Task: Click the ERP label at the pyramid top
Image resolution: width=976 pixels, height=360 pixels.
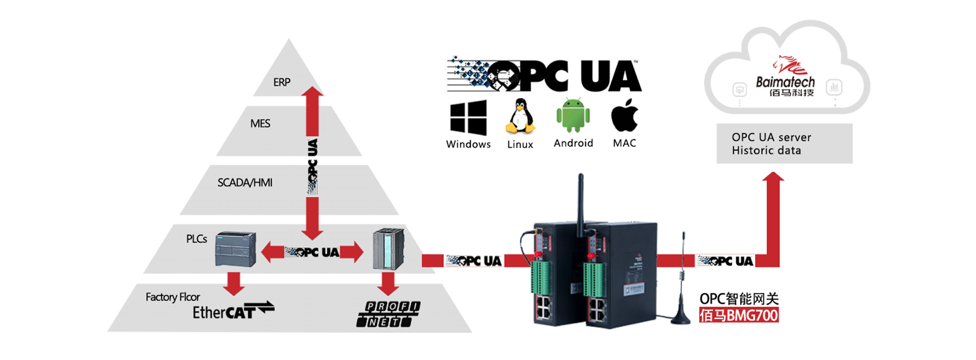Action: [x=282, y=82]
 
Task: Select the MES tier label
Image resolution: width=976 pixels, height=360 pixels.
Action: [x=260, y=124]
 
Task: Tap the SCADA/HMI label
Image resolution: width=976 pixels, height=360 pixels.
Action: [x=245, y=183]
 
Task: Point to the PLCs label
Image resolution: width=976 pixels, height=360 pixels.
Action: [x=196, y=239]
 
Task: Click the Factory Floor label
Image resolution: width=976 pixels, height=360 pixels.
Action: [x=172, y=297]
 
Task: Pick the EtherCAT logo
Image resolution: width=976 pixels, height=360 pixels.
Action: [x=233, y=311]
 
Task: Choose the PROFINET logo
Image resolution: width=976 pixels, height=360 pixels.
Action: [x=388, y=314]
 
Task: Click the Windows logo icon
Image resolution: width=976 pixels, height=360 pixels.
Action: [x=468, y=117]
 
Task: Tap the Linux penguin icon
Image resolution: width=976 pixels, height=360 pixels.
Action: [x=520, y=116]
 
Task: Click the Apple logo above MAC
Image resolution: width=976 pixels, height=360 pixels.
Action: [x=624, y=115]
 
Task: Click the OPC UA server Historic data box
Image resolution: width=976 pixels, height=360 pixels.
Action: [x=784, y=143]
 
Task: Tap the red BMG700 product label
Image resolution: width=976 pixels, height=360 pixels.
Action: [x=739, y=315]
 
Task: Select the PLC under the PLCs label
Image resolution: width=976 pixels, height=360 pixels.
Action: [x=235, y=249]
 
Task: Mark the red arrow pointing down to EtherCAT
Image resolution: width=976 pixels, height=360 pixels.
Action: [x=234, y=284]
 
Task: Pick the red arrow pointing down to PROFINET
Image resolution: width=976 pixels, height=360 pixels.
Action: [x=388, y=284]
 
